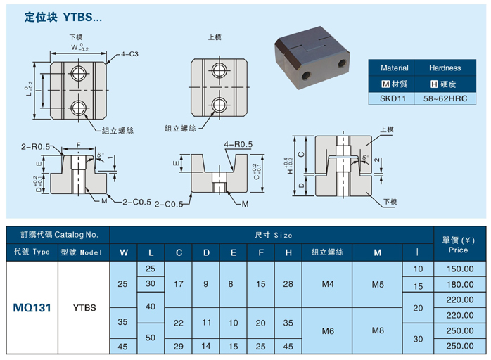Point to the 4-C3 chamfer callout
click(x=129, y=53)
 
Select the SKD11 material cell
click(x=394, y=99)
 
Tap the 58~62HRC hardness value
click(x=445, y=99)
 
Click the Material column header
click(x=394, y=68)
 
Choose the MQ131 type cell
click(x=31, y=307)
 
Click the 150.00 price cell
click(x=459, y=269)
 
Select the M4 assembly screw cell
click(x=326, y=285)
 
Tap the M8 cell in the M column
click(x=377, y=330)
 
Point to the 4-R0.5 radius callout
click(x=238, y=144)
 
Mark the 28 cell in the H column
click(x=288, y=285)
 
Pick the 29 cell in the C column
click(x=179, y=347)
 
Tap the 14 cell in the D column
click(x=206, y=347)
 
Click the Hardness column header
click(x=445, y=68)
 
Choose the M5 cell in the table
click(x=377, y=285)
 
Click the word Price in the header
click(x=459, y=250)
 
